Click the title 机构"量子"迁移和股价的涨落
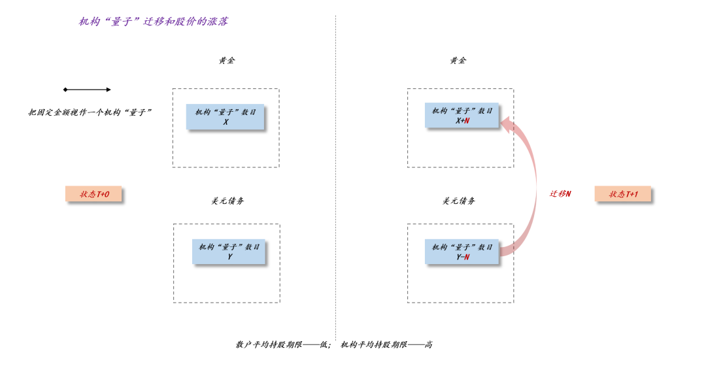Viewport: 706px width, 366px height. click(x=153, y=22)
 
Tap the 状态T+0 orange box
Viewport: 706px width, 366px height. click(x=93, y=194)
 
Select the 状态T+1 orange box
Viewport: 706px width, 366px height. click(x=623, y=194)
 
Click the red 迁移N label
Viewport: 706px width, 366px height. click(x=560, y=194)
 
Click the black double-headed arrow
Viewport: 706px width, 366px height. click(x=87, y=90)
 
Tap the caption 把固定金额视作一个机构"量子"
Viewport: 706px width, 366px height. click(x=90, y=112)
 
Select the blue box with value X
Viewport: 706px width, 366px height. click(x=226, y=117)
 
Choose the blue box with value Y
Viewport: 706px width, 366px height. click(x=229, y=252)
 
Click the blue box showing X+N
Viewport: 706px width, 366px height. click(x=462, y=116)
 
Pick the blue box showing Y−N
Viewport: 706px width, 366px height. click(x=462, y=252)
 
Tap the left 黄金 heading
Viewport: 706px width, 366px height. click(x=226, y=61)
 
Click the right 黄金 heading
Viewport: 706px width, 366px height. click(x=458, y=61)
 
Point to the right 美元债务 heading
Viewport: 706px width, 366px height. click(x=459, y=201)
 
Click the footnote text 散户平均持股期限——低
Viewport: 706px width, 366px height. click(x=284, y=345)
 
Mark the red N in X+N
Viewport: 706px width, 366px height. click(x=467, y=122)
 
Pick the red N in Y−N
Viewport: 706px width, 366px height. click(x=467, y=258)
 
